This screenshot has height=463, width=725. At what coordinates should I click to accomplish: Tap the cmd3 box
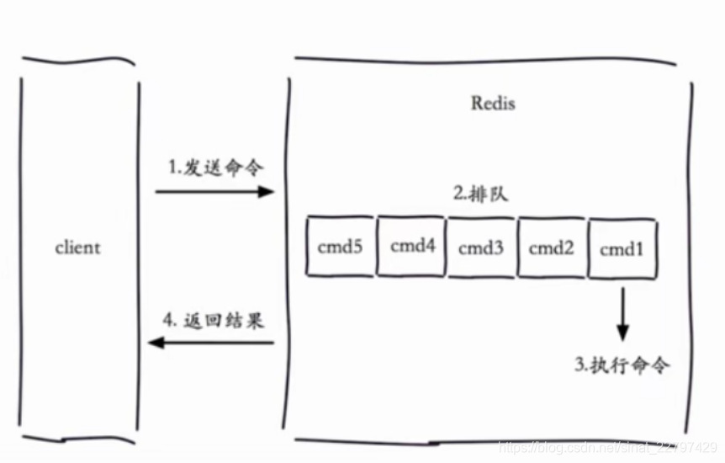(481, 247)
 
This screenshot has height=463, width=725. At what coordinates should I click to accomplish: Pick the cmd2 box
(552, 247)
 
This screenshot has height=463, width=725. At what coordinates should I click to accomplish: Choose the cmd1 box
(622, 248)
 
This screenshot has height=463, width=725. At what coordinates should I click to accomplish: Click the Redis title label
(492, 104)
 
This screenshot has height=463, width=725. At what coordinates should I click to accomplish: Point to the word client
(77, 247)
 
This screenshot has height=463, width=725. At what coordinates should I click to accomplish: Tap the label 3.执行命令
(622, 365)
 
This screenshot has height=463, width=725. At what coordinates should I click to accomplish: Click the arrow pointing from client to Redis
(214, 192)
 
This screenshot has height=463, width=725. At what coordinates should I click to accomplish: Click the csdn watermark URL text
(606, 447)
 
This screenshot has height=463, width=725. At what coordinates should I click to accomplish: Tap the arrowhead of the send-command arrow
(267, 192)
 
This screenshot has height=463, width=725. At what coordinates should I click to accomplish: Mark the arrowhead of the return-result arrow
(154, 342)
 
